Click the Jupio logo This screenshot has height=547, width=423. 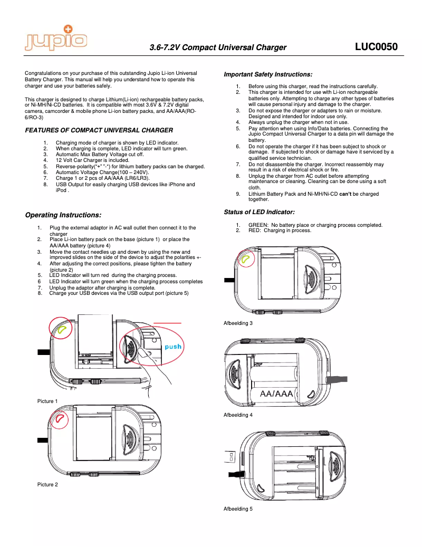coord(55,37)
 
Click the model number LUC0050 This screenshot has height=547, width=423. coord(376,47)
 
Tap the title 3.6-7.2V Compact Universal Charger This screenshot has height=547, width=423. coord(218,47)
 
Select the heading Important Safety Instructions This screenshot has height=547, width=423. coord(268,74)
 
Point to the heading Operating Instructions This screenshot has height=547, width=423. coord(63,215)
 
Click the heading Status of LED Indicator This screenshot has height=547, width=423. coord(259,212)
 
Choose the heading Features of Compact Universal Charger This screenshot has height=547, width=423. coord(99,130)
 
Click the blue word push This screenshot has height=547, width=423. coord(173,347)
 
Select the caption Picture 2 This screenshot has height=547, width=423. coord(47,484)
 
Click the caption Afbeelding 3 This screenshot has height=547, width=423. coord(238,323)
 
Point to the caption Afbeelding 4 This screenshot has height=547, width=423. coord(238,415)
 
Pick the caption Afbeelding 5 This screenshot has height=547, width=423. coord(238,508)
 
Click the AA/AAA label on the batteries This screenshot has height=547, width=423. coord(273,394)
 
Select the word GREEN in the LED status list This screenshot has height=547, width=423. coord(258,225)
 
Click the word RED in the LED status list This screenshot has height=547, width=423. coord(255,231)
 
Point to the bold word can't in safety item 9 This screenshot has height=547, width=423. coord(345,194)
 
